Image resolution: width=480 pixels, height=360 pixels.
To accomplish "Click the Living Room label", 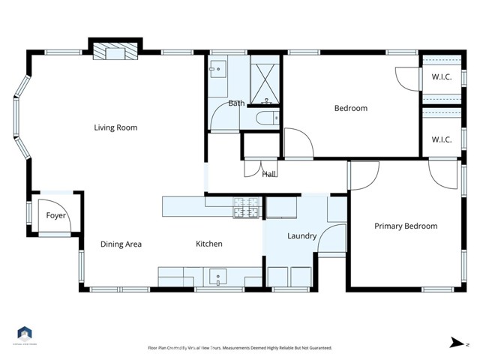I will click(115, 127).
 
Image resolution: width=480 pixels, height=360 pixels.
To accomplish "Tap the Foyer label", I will click(56, 216).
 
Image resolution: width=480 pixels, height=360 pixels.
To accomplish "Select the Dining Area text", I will click(121, 244).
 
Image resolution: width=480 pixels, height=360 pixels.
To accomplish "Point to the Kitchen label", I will click(208, 244).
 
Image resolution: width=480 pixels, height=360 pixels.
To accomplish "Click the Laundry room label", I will click(301, 236).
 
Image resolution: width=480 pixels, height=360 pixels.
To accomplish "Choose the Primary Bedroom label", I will click(406, 226).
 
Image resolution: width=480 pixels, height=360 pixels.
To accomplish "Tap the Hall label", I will click(269, 174).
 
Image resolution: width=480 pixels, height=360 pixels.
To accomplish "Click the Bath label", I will click(236, 103).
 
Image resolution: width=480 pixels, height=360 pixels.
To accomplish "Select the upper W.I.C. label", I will click(441, 76).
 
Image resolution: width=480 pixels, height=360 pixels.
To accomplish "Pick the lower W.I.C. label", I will click(441, 139).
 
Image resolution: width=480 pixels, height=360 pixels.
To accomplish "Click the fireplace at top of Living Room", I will click(115, 51).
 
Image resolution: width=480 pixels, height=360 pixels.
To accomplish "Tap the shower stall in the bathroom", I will click(264, 78).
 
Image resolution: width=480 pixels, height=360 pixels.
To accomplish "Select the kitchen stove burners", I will click(246, 208).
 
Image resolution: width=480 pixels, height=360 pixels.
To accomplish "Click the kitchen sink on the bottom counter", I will click(217, 277).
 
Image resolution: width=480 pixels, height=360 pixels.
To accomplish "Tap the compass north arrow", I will click(454, 342).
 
